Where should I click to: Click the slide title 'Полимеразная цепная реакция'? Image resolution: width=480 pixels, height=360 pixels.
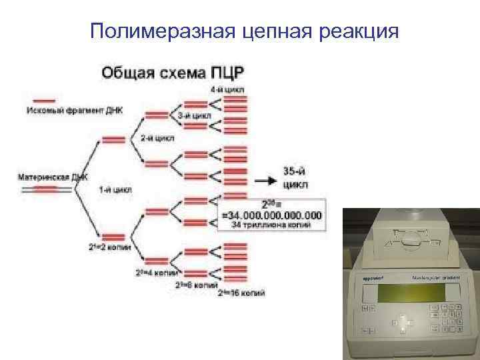244,31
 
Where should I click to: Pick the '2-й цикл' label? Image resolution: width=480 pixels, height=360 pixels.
157,138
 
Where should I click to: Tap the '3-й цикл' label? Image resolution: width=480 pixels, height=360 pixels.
195,115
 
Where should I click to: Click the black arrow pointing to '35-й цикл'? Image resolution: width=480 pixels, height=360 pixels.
266,180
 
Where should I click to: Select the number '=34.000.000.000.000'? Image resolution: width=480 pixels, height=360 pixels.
271,215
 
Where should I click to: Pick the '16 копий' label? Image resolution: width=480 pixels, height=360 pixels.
241,292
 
